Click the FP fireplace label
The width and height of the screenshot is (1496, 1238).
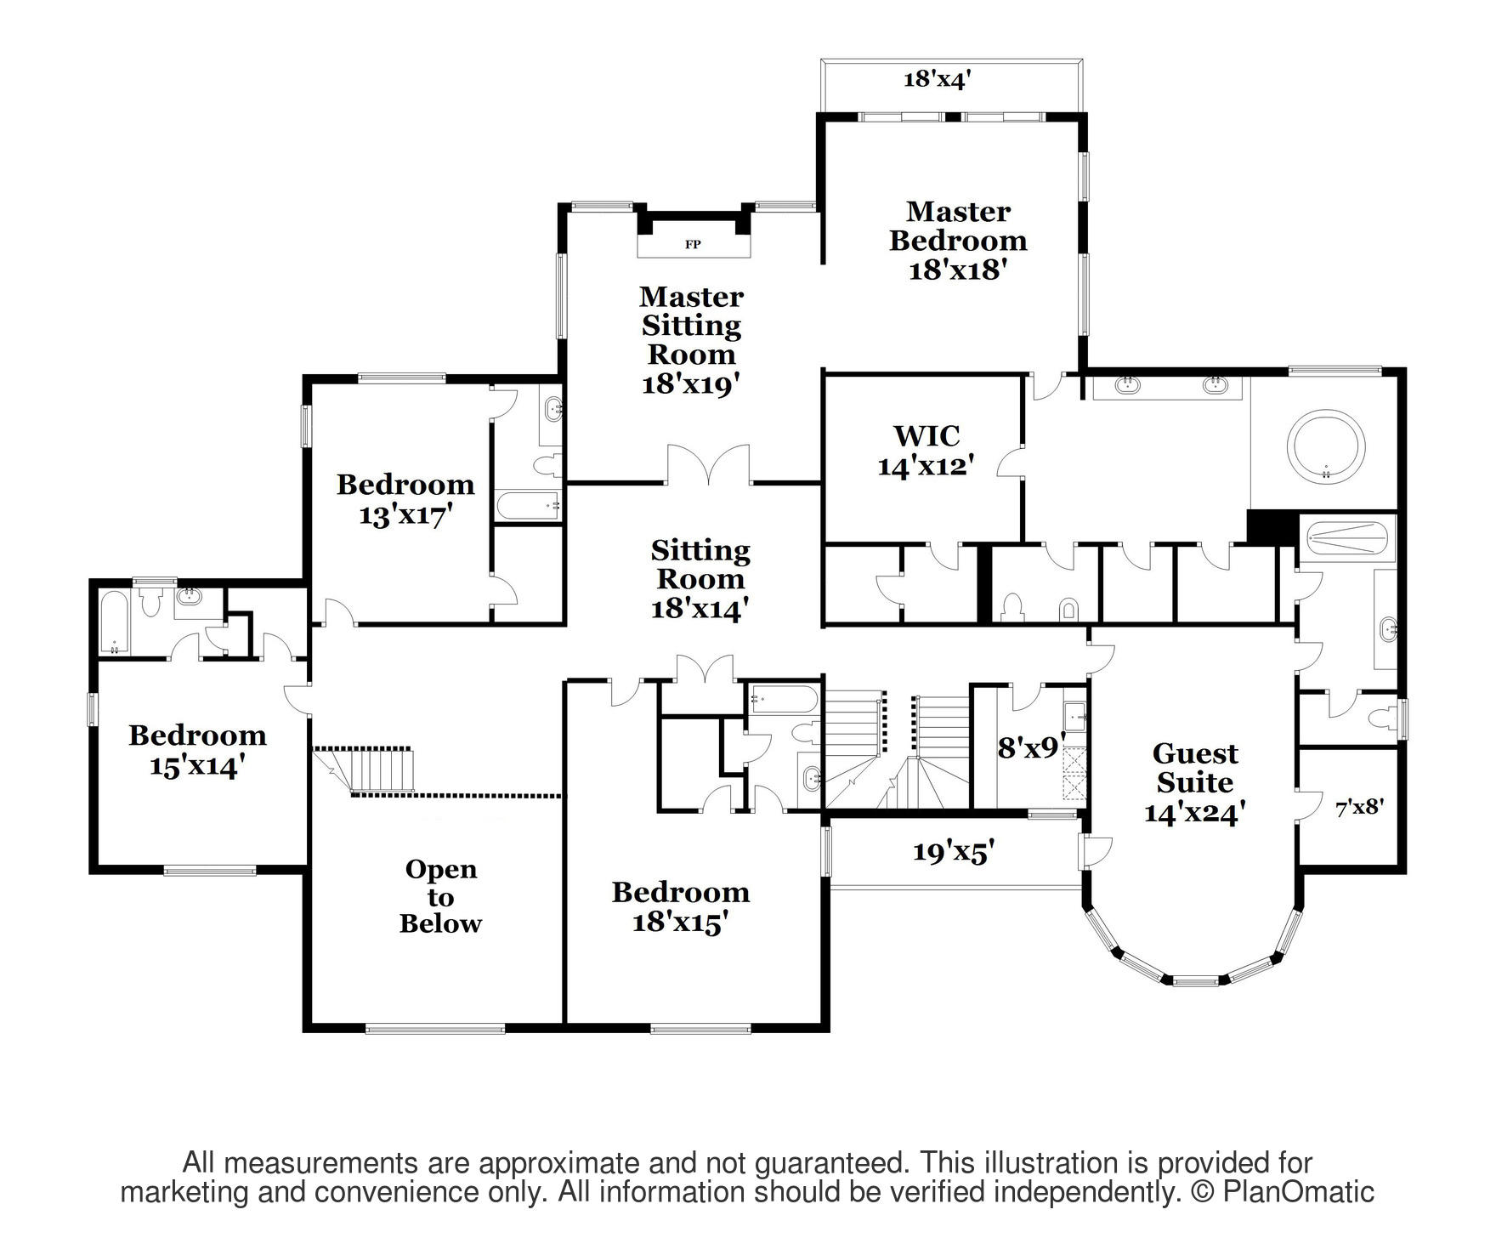[693, 245]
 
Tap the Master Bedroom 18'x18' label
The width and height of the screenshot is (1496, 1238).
[958, 241]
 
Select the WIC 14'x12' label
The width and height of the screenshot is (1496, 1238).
[926, 451]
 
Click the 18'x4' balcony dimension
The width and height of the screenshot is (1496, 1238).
[937, 80]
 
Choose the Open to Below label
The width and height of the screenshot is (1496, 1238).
[440, 896]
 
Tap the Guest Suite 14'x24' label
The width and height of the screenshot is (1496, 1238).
[1195, 783]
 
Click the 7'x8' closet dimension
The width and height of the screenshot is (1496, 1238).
[1360, 808]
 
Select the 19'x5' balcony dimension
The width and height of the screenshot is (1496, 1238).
[954, 852]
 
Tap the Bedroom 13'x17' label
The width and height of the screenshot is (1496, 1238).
[405, 500]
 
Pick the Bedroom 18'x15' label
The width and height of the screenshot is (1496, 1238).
[681, 907]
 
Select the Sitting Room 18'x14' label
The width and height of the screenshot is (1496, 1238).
[700, 580]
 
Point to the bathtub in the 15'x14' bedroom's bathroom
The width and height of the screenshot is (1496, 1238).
[113, 622]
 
